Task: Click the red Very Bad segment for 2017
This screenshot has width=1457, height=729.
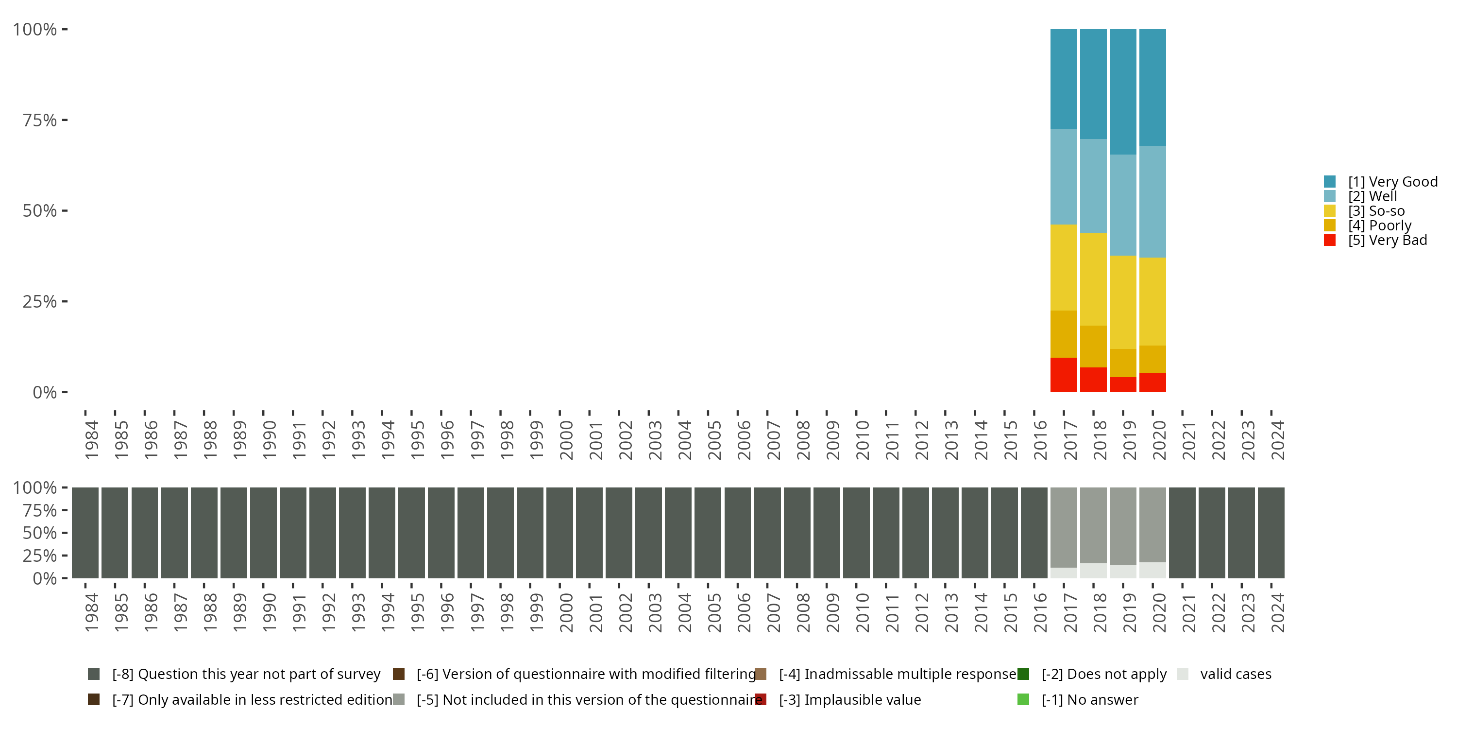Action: (x=1063, y=375)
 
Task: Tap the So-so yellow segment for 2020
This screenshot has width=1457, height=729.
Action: (x=1152, y=301)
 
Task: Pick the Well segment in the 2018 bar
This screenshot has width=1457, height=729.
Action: (x=1093, y=186)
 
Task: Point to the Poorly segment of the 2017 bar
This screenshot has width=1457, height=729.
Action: (x=1063, y=334)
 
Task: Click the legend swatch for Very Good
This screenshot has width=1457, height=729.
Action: (x=1330, y=182)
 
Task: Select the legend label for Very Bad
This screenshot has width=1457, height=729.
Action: (x=1387, y=241)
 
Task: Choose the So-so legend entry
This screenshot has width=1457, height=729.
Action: (x=1375, y=211)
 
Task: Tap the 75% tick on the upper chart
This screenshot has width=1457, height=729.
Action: (x=40, y=120)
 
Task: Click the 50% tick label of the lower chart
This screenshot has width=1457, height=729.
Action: (x=40, y=533)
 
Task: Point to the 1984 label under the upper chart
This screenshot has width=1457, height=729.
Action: (x=92, y=440)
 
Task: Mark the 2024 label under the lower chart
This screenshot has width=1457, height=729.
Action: (x=1277, y=612)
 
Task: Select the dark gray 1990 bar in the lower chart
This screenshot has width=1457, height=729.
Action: (x=263, y=533)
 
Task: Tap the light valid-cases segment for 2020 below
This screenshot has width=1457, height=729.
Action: (x=1152, y=570)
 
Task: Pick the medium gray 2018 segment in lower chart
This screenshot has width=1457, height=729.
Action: (x=1093, y=525)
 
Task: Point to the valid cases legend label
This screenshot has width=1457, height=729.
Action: (x=1235, y=674)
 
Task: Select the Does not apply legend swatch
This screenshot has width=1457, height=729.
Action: (x=1023, y=674)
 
